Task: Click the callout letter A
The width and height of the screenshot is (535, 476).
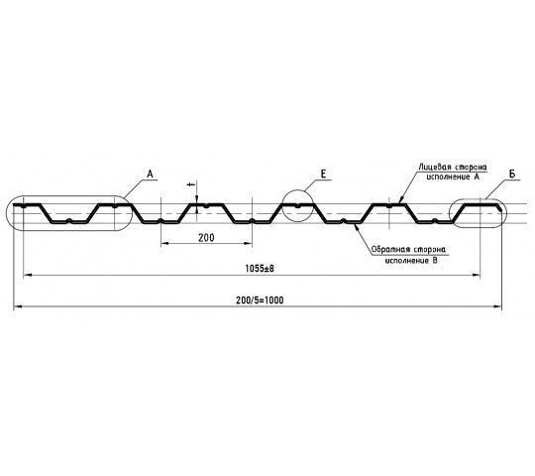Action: pos(151,175)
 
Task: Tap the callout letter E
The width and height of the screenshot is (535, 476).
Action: pos(323,175)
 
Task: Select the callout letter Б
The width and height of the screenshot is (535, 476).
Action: pos(512,175)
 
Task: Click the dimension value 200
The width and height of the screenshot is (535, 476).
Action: pos(206,238)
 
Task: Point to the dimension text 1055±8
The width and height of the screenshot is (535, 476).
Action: pos(260,269)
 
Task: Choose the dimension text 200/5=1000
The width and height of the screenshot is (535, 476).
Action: pos(260,300)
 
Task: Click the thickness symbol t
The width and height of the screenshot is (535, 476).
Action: pos(191,184)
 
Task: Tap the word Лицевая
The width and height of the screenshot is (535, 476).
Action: pos(432,168)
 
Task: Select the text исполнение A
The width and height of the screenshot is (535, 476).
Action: pos(453,177)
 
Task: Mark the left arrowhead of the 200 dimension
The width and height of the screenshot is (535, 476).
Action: pos(164,243)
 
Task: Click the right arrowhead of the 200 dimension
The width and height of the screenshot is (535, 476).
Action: pos(249,243)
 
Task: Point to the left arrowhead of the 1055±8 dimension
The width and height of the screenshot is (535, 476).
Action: pos(27,275)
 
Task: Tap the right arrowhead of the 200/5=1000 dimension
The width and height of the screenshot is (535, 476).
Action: pos(497,306)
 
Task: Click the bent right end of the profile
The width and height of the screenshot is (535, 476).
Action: pos(499,207)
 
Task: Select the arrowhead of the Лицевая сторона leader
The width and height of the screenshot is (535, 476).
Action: pos(400,200)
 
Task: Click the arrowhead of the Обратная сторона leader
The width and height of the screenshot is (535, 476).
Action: pos(357,227)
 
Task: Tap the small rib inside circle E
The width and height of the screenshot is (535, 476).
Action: pos(297,206)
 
